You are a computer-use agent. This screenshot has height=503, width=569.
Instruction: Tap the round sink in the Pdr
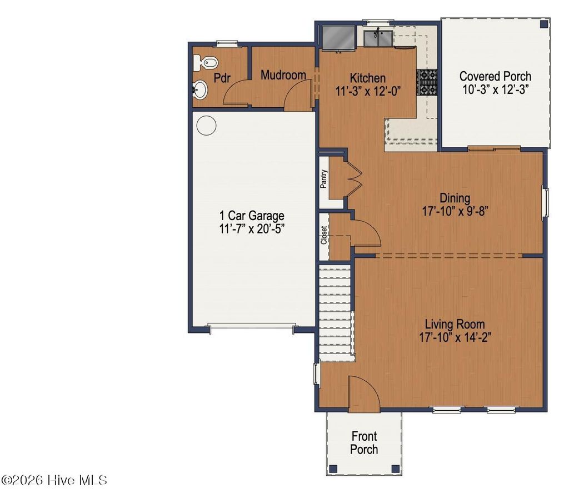pyautogui.click(x=200, y=89)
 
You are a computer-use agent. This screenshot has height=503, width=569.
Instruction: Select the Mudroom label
pyautogui.click(x=283, y=75)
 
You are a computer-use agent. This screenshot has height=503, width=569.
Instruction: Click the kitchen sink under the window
pyautogui.click(x=378, y=39)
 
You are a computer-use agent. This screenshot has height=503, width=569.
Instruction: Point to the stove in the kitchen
pyautogui.click(x=427, y=82)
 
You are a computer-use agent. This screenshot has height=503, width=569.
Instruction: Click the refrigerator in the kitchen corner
pyautogui.click(x=338, y=37)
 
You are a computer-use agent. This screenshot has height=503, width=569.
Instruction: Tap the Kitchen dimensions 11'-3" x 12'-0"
pyautogui.click(x=367, y=90)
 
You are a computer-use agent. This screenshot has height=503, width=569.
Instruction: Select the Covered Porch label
pyautogui.click(x=495, y=76)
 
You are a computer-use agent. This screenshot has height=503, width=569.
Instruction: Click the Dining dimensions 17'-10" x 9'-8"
pyautogui.click(x=455, y=211)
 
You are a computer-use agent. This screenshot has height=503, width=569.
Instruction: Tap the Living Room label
pyautogui.click(x=455, y=324)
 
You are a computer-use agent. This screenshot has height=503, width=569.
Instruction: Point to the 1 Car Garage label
pyautogui.click(x=252, y=216)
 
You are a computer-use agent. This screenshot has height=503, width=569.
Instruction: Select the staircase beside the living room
pyautogui.click(x=337, y=311)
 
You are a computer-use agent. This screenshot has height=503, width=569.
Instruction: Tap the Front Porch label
pyautogui.click(x=364, y=443)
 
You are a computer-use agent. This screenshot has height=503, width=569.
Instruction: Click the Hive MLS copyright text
pyautogui.click(x=54, y=480)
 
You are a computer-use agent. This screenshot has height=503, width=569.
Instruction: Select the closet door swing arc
pyautogui.click(x=367, y=231)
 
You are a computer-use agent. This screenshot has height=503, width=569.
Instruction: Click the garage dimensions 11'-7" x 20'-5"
pyautogui.click(x=252, y=228)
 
